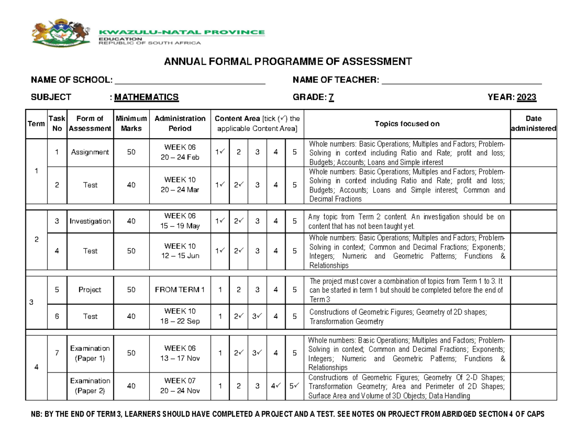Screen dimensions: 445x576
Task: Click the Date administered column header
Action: click(534, 123)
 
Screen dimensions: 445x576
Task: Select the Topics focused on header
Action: click(407, 123)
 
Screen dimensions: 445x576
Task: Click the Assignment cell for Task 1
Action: click(90, 152)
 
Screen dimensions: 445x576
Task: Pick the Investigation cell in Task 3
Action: click(90, 221)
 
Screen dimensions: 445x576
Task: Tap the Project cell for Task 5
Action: click(90, 290)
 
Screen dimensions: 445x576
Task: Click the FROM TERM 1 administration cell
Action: click(180, 290)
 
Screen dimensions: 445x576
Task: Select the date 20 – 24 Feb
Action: click(180, 156)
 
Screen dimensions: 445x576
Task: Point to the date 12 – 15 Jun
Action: click(180, 256)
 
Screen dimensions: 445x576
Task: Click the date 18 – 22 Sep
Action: click(180, 321)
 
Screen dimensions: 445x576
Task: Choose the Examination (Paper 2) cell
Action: click(90, 386)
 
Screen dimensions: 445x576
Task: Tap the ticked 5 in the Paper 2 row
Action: click(294, 386)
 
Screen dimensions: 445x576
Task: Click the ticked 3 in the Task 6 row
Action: click(257, 317)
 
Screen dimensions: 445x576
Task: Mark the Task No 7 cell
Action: click(57, 353)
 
